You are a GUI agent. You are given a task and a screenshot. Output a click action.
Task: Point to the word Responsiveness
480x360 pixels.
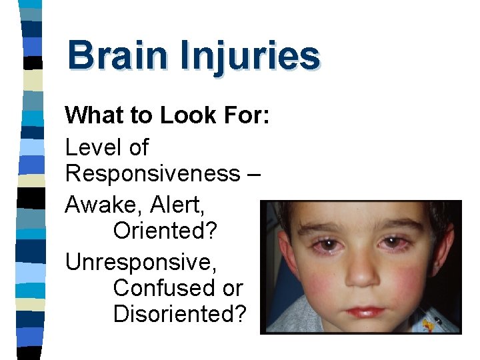point(152,173)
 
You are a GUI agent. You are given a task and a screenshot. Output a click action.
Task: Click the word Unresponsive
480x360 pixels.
point(141,261)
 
